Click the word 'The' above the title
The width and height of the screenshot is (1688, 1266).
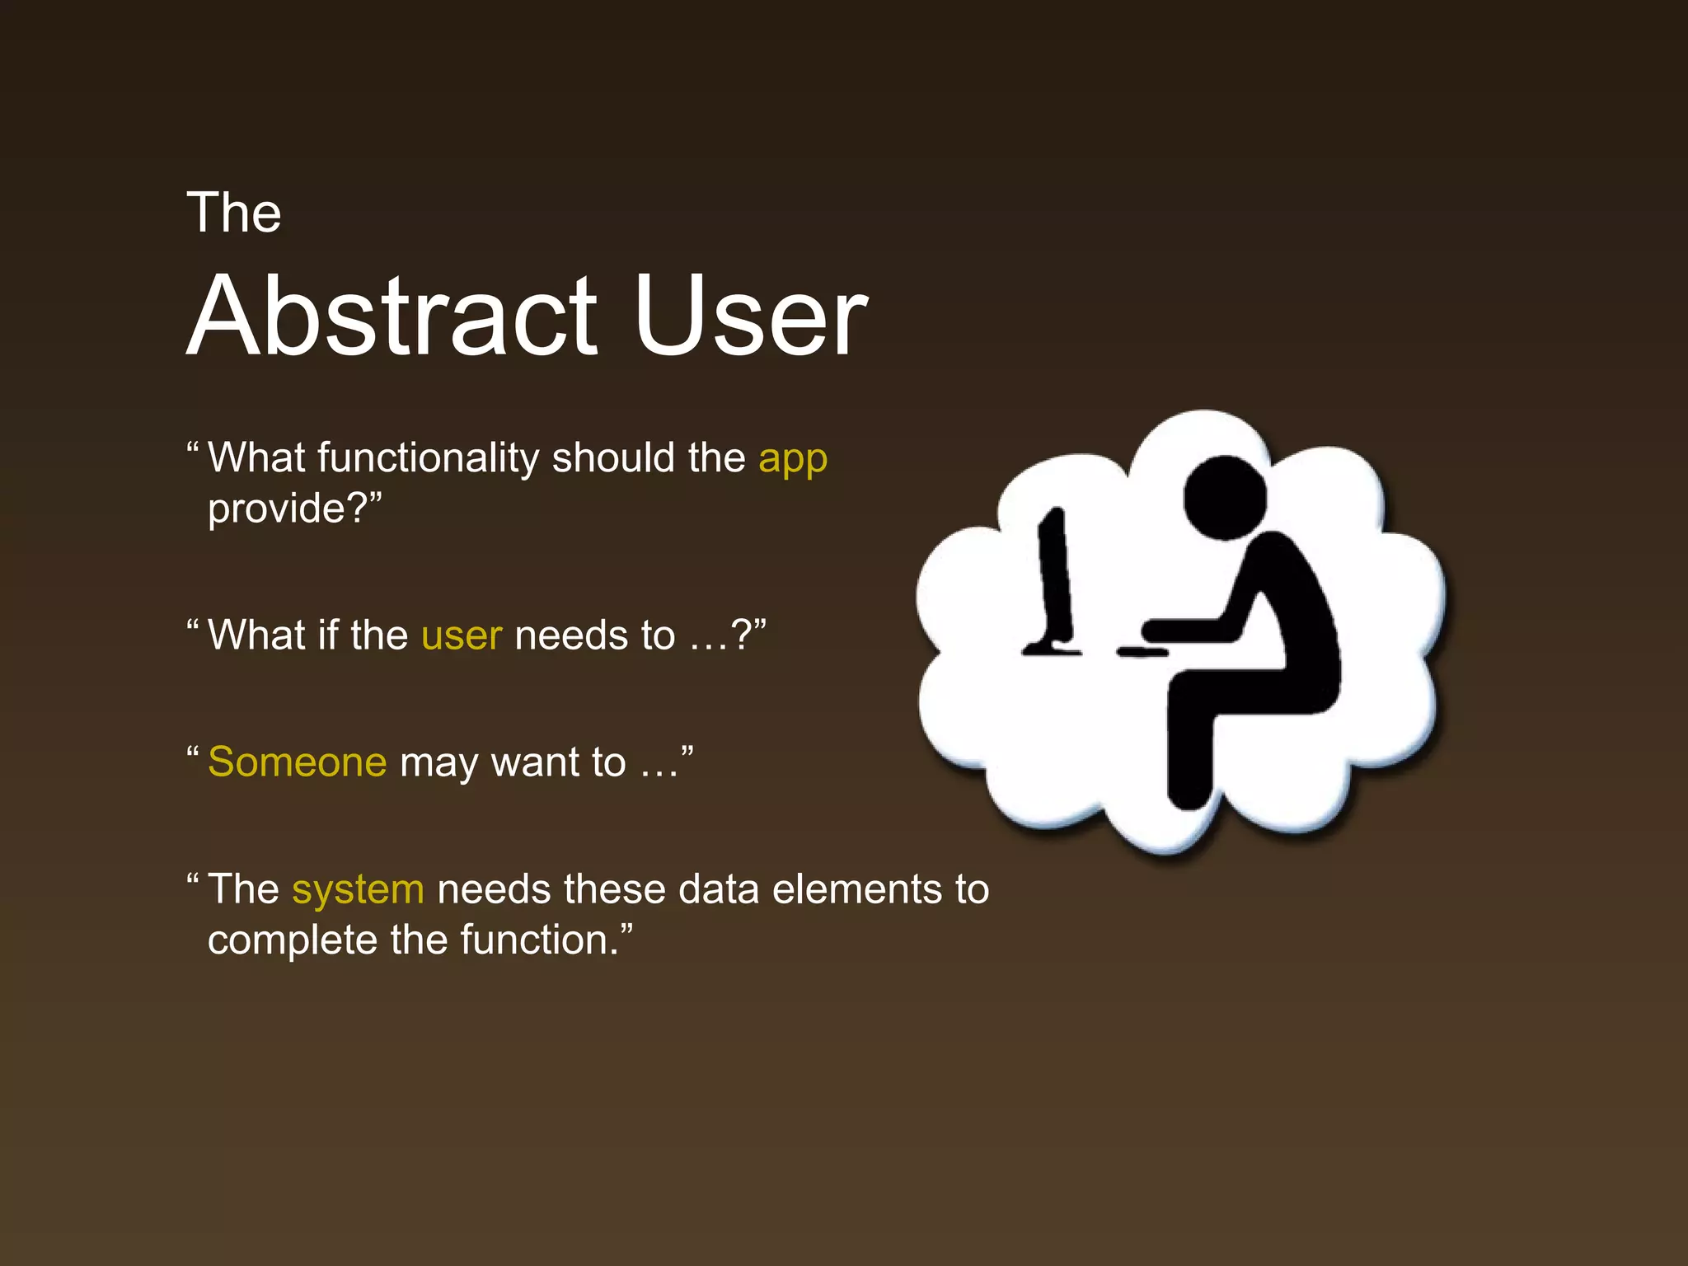(x=234, y=213)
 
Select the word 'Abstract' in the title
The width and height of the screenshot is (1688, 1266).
(x=392, y=316)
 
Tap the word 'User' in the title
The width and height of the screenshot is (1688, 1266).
(x=751, y=316)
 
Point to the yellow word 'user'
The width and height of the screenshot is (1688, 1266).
(x=462, y=636)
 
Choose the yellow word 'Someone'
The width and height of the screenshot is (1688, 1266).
(x=297, y=762)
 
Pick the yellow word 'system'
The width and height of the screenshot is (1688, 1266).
(x=359, y=890)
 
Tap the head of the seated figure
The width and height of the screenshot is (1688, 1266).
(x=1225, y=498)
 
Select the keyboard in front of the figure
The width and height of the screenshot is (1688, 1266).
(x=1142, y=652)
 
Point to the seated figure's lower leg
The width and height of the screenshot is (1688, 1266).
(x=1189, y=742)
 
